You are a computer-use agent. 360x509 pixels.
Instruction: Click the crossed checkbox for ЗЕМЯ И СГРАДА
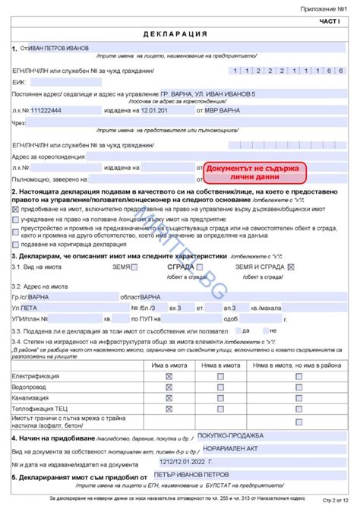tap(291, 267)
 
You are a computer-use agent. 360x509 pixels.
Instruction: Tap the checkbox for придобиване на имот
tap(16, 207)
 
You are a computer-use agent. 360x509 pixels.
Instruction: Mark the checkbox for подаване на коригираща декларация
tap(16, 244)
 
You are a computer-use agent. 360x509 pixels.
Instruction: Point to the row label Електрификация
tap(37, 376)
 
